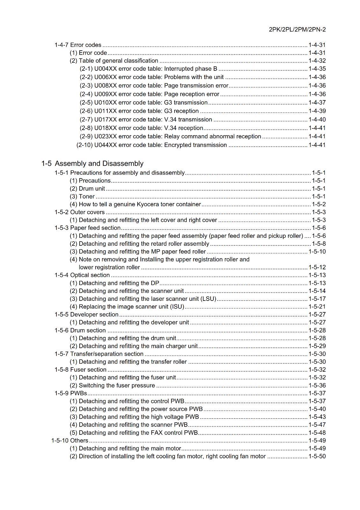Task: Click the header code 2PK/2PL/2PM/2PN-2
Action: [297, 30]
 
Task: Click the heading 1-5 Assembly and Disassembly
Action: [92, 164]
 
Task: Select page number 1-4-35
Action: [317, 69]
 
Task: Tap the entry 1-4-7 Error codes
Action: [78, 45]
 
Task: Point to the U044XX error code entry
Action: [152, 145]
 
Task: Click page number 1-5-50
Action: [317, 456]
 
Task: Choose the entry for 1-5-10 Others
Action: [70, 441]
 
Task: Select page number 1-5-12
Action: [317, 267]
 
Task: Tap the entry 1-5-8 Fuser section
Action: [81, 370]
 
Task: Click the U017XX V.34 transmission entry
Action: [146, 120]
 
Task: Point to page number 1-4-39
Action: [317, 111]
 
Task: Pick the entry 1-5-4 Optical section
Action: [82, 275]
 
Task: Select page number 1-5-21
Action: [317, 307]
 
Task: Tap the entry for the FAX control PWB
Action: [134, 433]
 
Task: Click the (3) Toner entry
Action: [82, 196]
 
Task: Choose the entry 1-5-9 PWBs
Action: [71, 393]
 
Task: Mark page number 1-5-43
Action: [317, 417]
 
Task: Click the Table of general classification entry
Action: [114, 61]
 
